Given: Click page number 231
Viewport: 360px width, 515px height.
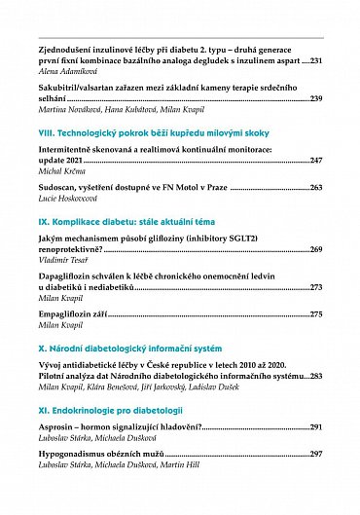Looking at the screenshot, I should point(314,60).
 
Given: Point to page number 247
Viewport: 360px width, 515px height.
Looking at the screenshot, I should point(315,159).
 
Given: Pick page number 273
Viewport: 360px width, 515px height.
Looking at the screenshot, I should point(315,287).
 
